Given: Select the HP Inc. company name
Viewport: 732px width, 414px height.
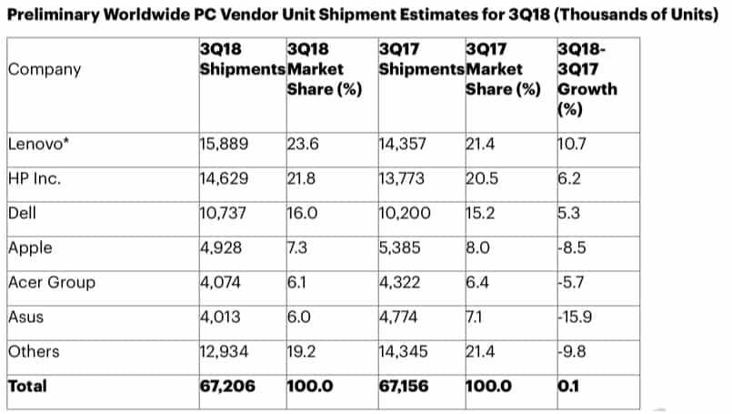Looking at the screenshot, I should coord(34,178).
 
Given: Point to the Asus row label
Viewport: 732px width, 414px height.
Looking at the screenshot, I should coord(23,317).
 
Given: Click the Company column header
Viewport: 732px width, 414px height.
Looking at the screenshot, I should coord(44,69).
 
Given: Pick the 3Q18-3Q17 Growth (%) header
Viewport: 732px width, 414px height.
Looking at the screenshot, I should coord(585,79).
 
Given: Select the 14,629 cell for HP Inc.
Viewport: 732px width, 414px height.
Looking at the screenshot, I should coord(224,178).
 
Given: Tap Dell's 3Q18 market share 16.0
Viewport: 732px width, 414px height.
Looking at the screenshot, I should coord(302,213).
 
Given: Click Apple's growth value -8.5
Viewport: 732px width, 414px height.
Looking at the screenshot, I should coord(572,247).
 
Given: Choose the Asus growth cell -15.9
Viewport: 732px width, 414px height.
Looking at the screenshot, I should coord(576,317).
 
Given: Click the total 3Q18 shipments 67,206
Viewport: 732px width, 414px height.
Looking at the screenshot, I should coord(227,386).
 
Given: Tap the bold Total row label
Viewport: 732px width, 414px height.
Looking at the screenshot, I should coord(27,386).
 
